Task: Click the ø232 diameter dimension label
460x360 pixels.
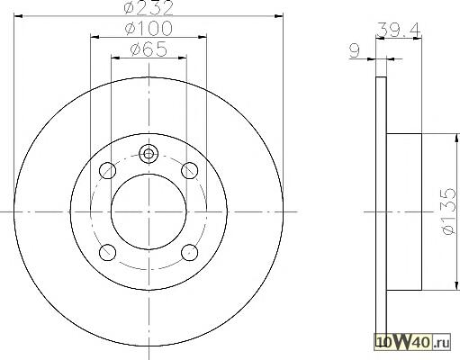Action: tap(149, 7)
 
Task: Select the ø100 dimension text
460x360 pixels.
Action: tap(149, 29)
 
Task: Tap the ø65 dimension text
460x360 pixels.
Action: tap(149, 49)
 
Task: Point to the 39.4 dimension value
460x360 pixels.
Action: tap(399, 29)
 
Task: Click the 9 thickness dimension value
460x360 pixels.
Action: tap(355, 51)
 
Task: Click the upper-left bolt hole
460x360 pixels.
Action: tap(107, 170)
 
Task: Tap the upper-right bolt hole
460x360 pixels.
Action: tap(190, 170)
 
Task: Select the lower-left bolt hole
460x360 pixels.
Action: tap(107, 252)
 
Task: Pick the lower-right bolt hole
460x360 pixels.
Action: tap(190, 252)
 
